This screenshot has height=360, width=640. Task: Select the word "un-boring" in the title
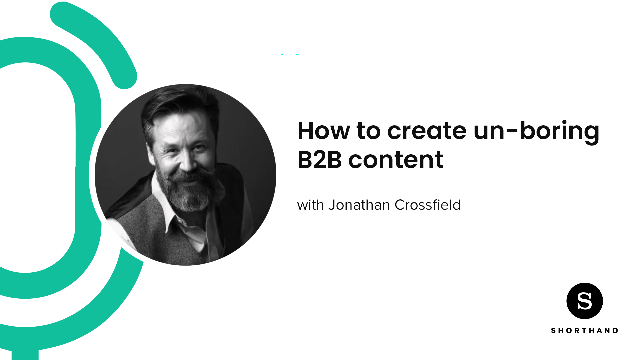pyautogui.click(x=536, y=131)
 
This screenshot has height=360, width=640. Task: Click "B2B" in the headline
pyautogui.click(x=319, y=160)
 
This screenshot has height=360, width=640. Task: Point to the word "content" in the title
pyautogui.click(x=396, y=160)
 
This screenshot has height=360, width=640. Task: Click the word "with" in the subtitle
pyautogui.click(x=310, y=205)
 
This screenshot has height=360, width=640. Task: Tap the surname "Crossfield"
pyautogui.click(x=427, y=205)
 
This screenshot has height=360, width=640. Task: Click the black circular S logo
pyautogui.click(x=584, y=301)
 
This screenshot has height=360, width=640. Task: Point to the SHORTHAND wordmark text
pyautogui.click(x=584, y=330)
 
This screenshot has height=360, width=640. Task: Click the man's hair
pyautogui.click(x=177, y=103)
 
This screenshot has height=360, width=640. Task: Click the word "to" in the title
pyautogui.click(x=368, y=131)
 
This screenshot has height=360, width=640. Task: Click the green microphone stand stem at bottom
pyautogui.click(x=25, y=354)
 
